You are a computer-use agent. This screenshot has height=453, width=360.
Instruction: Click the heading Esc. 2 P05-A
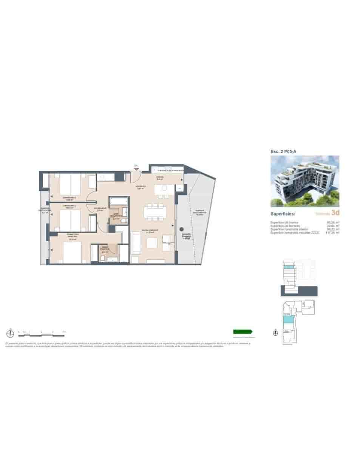pos(283,151)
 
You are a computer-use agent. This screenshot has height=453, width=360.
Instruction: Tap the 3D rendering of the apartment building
pos(305,181)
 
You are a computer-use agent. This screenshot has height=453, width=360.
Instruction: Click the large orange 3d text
pos(335,213)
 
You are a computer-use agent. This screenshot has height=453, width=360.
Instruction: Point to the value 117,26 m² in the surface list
pos(333,233)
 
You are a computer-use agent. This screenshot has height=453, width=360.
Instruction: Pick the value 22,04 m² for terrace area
pos(333,226)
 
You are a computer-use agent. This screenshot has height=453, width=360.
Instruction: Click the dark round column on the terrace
pos(181,229)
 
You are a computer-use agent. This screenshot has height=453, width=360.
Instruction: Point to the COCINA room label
pos(161,177)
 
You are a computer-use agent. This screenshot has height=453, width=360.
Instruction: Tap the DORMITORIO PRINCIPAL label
pos(73,235)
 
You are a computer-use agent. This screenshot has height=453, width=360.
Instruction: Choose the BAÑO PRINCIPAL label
pos(105,249)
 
